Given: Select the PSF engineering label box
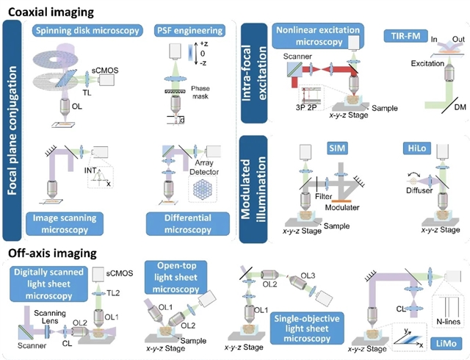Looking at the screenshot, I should (x=189, y=32).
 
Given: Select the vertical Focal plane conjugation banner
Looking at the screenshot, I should (x=12, y=131).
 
